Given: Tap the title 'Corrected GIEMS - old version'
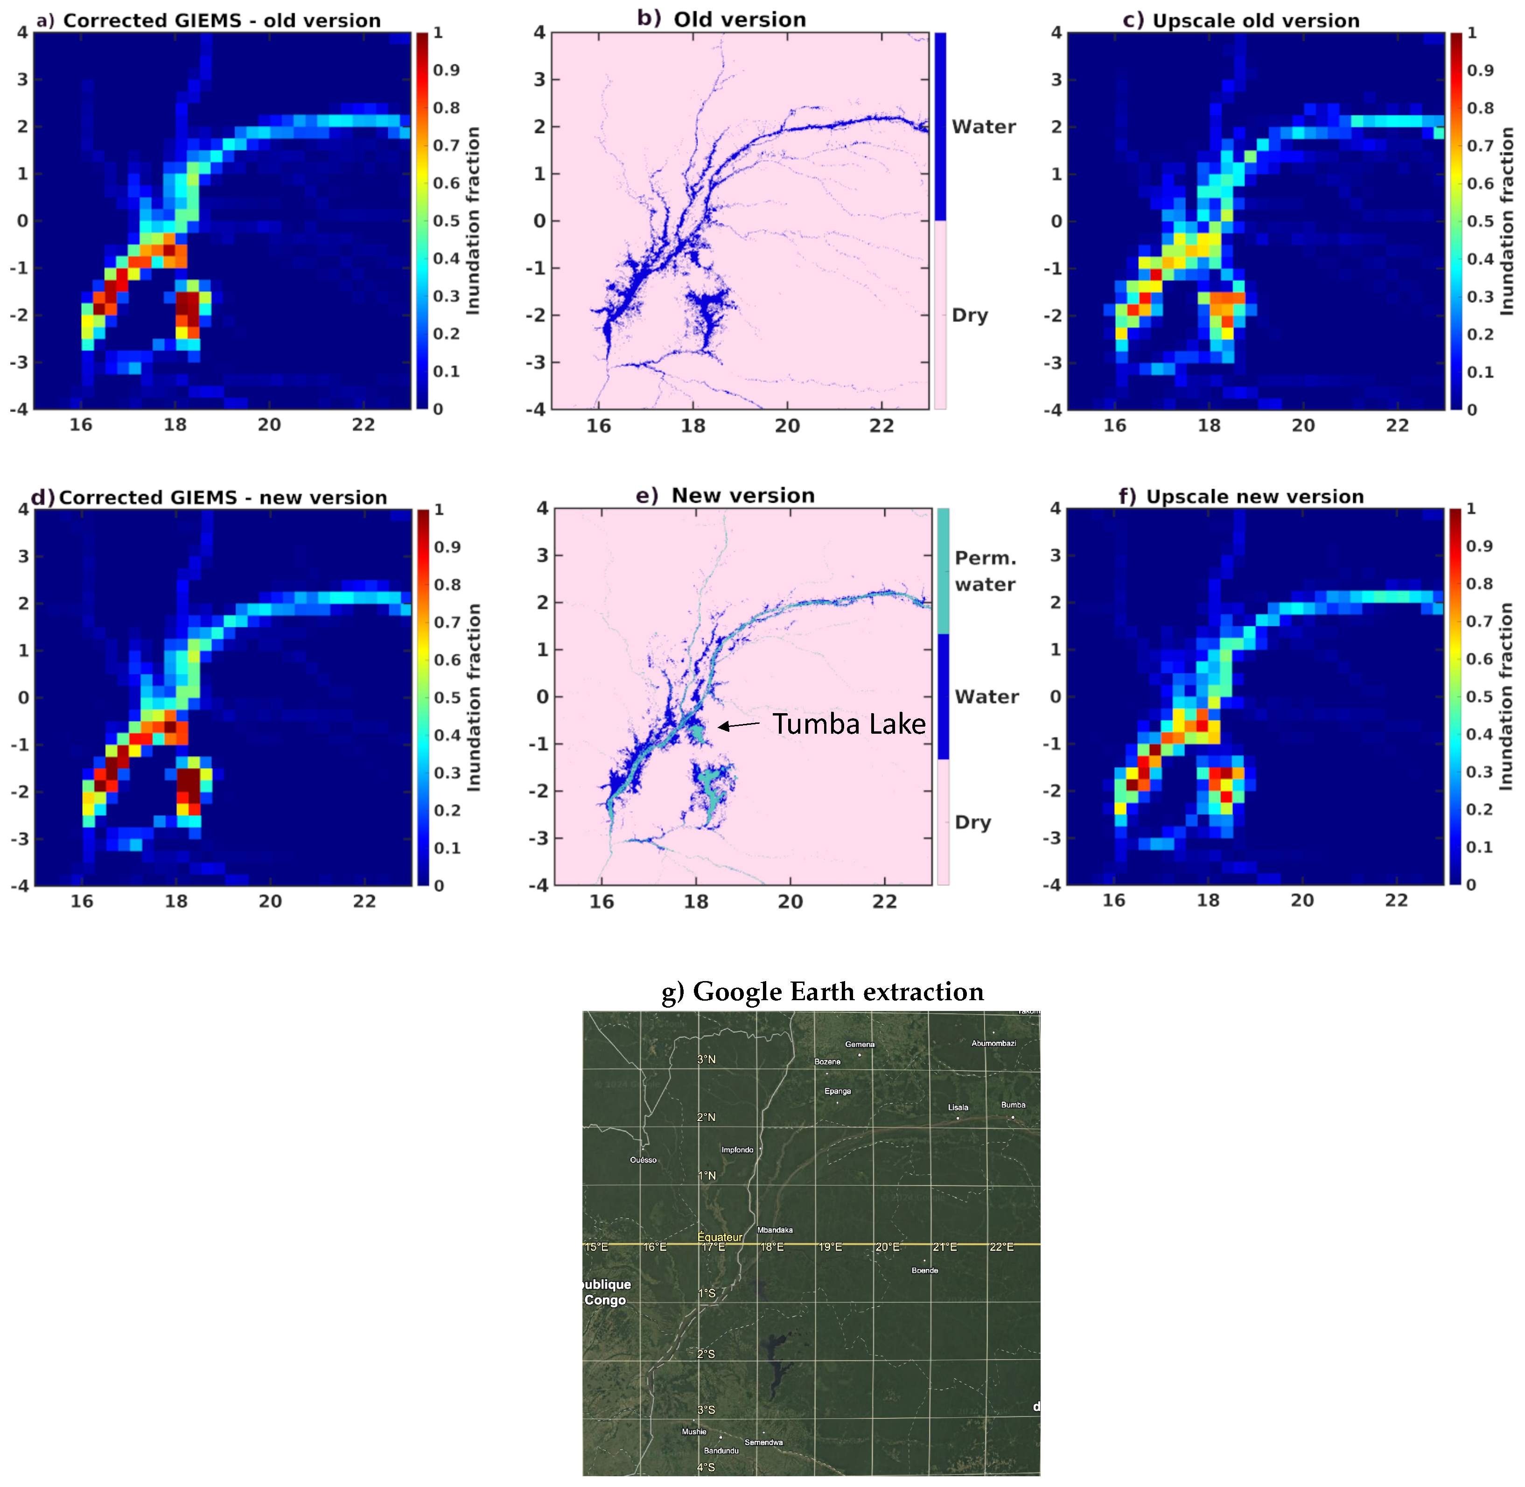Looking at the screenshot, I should coord(222,21).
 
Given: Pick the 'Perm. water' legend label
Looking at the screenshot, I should coord(985,571).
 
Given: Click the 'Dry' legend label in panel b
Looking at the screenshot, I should coord(969,316).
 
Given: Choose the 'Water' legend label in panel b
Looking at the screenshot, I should coord(983,126).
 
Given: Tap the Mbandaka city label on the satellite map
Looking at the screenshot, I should coord(775,1230).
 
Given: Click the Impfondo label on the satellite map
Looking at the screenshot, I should coord(737,1150).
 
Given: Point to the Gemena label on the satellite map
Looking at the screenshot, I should coord(859,1044).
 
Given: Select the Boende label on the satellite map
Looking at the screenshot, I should coord(924,1270).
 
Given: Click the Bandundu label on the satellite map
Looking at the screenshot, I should coord(721,1450).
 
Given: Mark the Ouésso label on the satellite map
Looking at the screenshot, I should coord(644,1160).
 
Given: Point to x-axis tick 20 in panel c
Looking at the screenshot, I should coord(1302,426).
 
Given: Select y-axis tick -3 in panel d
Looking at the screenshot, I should coord(21,839).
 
